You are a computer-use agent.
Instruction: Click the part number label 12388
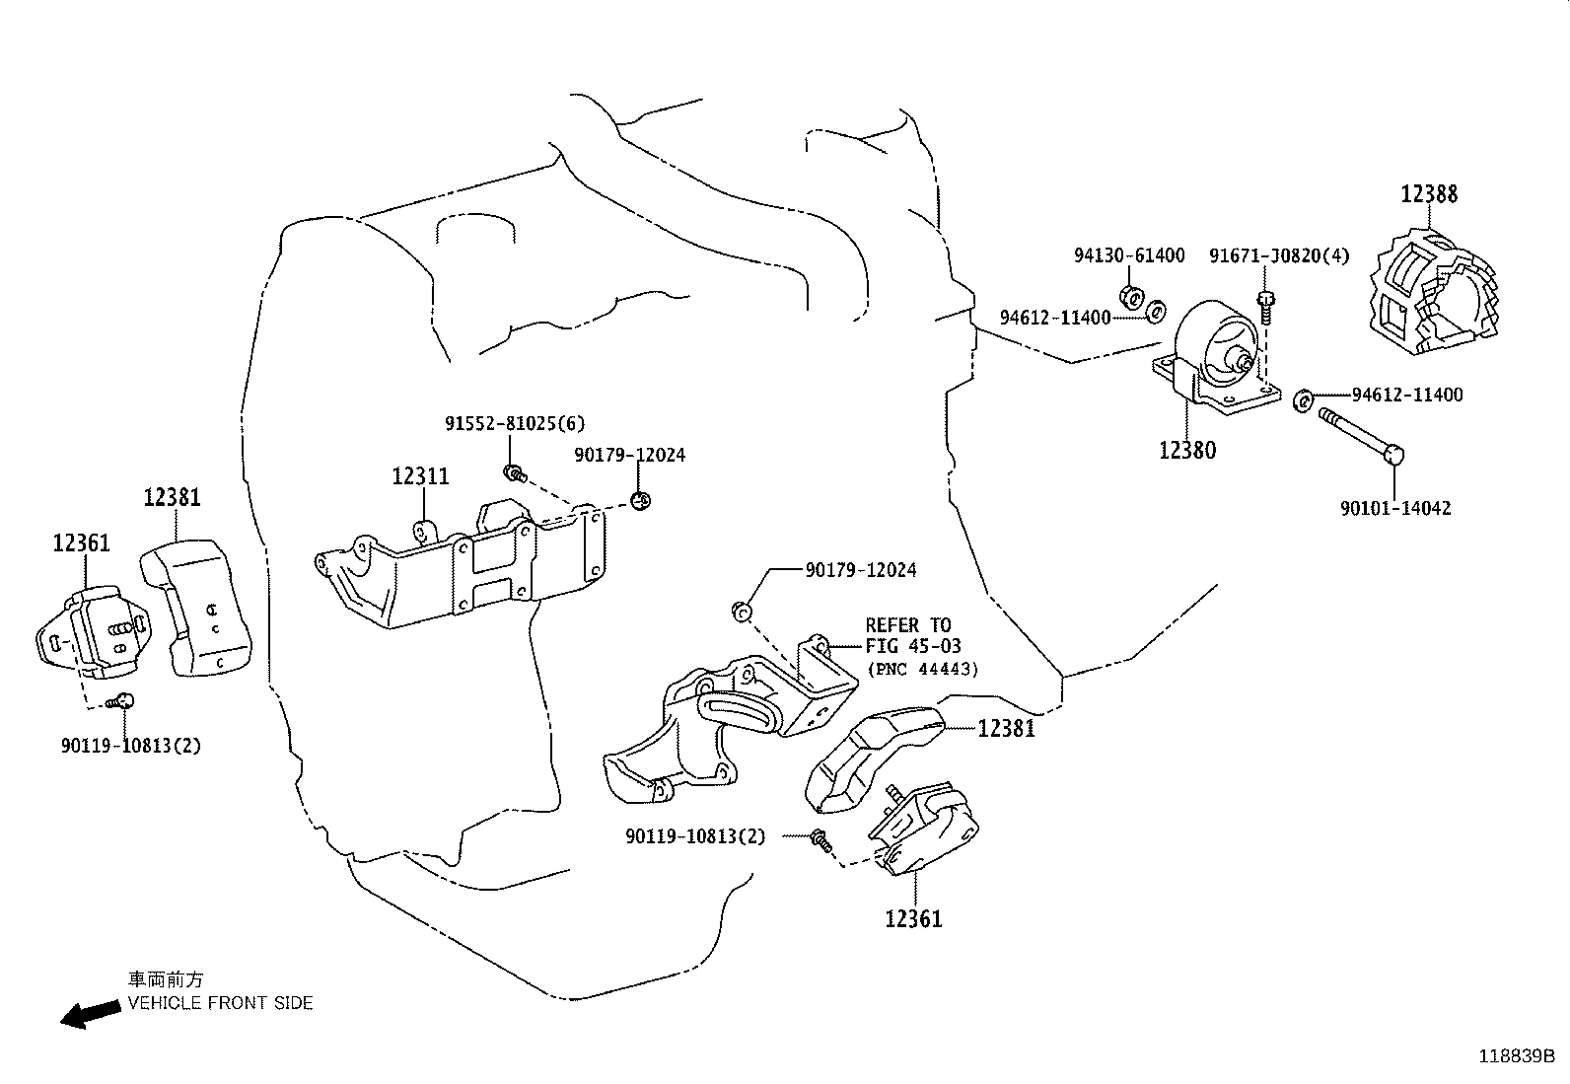[x=1429, y=193]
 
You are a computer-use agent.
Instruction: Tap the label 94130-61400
[x=1129, y=255]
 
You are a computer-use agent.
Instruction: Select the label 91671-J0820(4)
[x=1279, y=255]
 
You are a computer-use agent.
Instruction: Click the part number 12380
[x=1187, y=450]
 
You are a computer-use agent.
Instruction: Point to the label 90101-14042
[x=1395, y=509]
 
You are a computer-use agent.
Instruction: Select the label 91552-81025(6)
[x=515, y=423]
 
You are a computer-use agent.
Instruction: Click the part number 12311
[x=420, y=476]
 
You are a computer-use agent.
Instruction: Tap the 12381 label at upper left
[x=172, y=497]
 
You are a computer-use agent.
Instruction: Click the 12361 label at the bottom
[x=913, y=919]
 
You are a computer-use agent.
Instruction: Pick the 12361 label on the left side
[x=82, y=542]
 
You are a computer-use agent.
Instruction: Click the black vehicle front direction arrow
[x=87, y=1014]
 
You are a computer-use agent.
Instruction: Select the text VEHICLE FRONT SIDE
[x=220, y=1003]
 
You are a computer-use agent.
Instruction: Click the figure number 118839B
[x=1516, y=1056]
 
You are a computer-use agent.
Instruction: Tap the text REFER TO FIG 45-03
[x=913, y=635]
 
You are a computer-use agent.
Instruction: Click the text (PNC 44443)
[x=922, y=669]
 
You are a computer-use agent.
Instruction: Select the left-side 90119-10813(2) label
[x=130, y=746]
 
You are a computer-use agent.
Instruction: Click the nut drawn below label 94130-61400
[x=1132, y=295]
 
